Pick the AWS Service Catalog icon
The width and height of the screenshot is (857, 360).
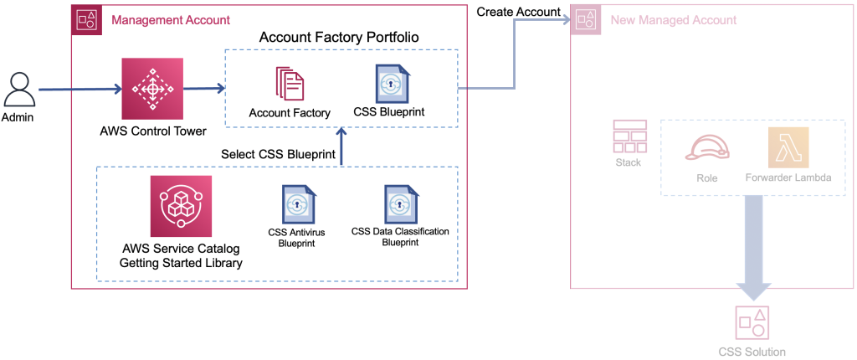180,206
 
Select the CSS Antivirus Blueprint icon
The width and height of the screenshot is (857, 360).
298,204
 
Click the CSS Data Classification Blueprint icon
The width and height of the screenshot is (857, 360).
400,203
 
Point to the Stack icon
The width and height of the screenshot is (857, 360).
629,136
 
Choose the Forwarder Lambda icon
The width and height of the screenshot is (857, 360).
788,148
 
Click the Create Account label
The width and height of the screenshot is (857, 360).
518,11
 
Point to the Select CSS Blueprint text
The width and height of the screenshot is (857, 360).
278,154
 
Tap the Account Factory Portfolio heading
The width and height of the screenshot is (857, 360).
339,37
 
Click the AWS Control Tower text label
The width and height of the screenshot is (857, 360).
151,131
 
